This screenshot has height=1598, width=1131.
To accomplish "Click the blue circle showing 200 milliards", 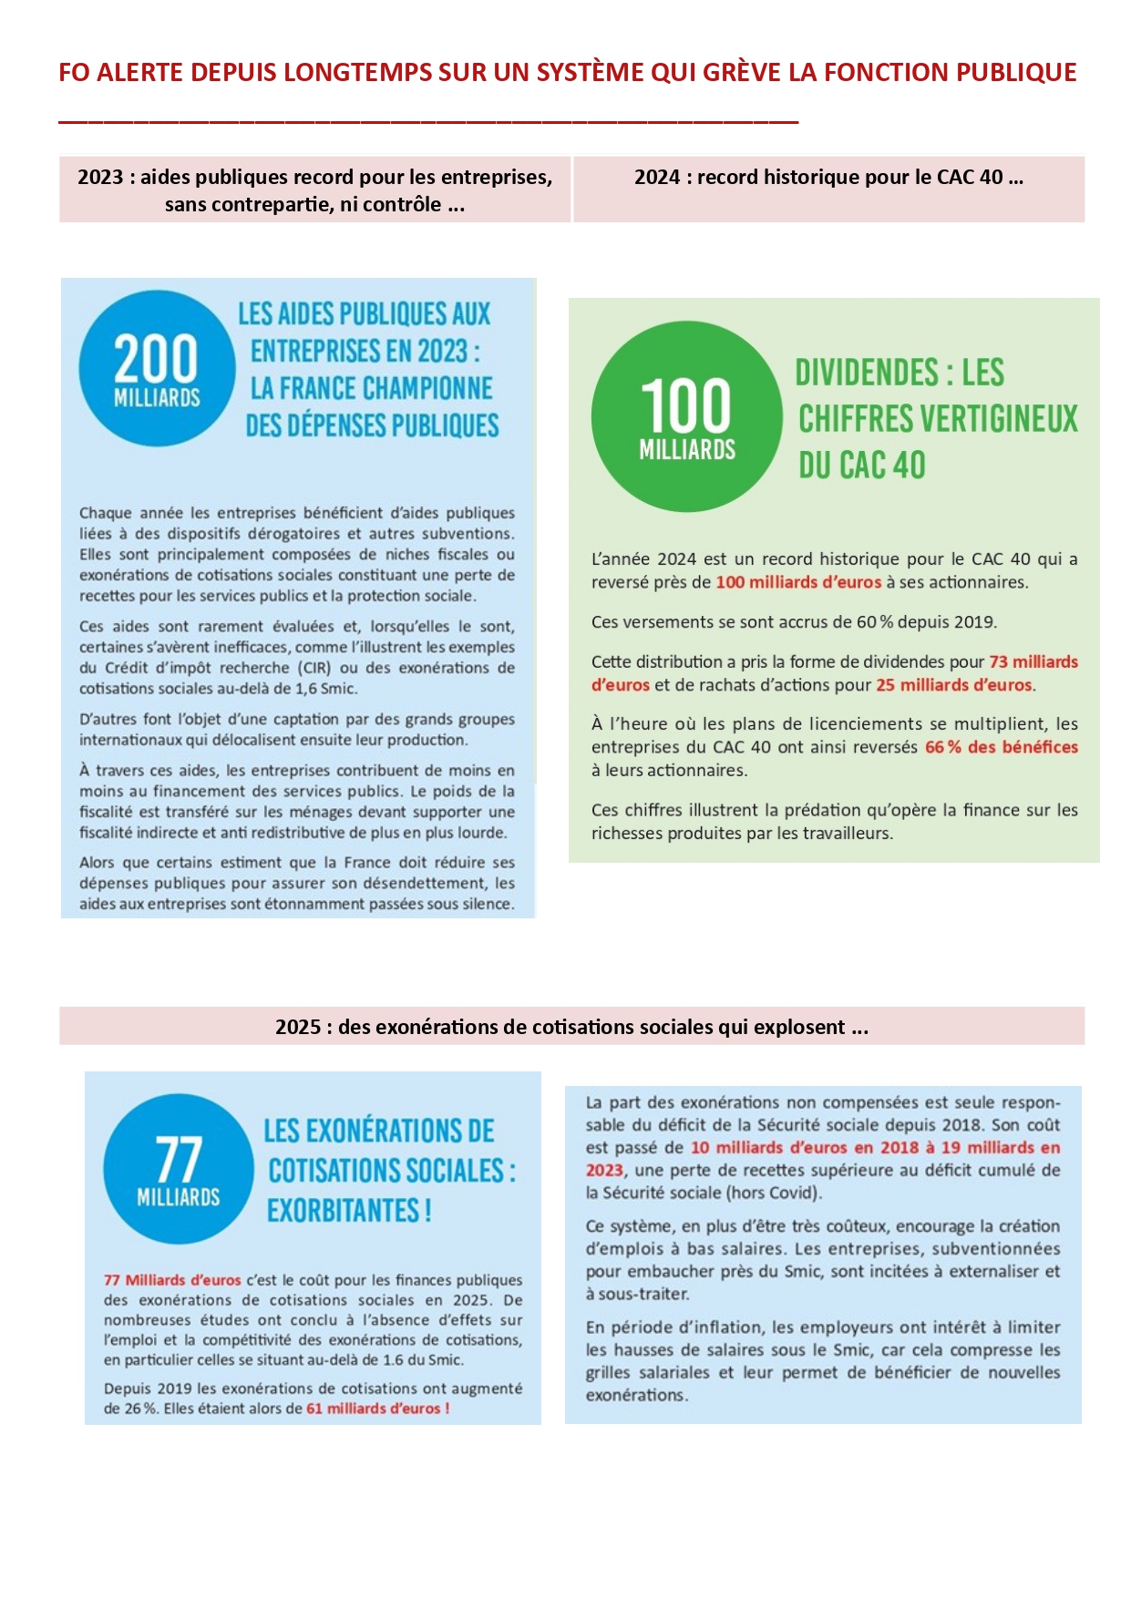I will tap(157, 368).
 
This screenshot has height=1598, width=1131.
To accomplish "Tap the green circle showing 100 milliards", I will tap(686, 416).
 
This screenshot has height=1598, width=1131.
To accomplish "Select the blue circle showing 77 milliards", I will tap(178, 1169).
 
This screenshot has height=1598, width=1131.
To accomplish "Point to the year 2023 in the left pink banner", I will tap(100, 178).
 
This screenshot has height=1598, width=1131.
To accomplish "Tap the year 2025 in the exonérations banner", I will tap(298, 1028).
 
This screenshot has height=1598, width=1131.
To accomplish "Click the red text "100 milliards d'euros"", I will tap(798, 582).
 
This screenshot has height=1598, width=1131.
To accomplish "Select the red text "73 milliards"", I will tap(1033, 662).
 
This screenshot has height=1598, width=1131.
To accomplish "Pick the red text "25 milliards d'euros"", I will tap(954, 685).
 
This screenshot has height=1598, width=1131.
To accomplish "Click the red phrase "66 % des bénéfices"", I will tap(1001, 747).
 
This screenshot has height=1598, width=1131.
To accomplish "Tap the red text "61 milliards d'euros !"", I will tap(377, 1408).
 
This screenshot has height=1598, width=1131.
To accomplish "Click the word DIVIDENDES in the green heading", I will tap(866, 373).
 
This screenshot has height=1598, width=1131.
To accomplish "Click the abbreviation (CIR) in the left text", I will tap(314, 668).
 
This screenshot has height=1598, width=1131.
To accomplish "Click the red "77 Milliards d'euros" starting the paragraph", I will tap(172, 1280).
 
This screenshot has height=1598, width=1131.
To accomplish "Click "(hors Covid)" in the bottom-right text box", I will tap(774, 1193).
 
